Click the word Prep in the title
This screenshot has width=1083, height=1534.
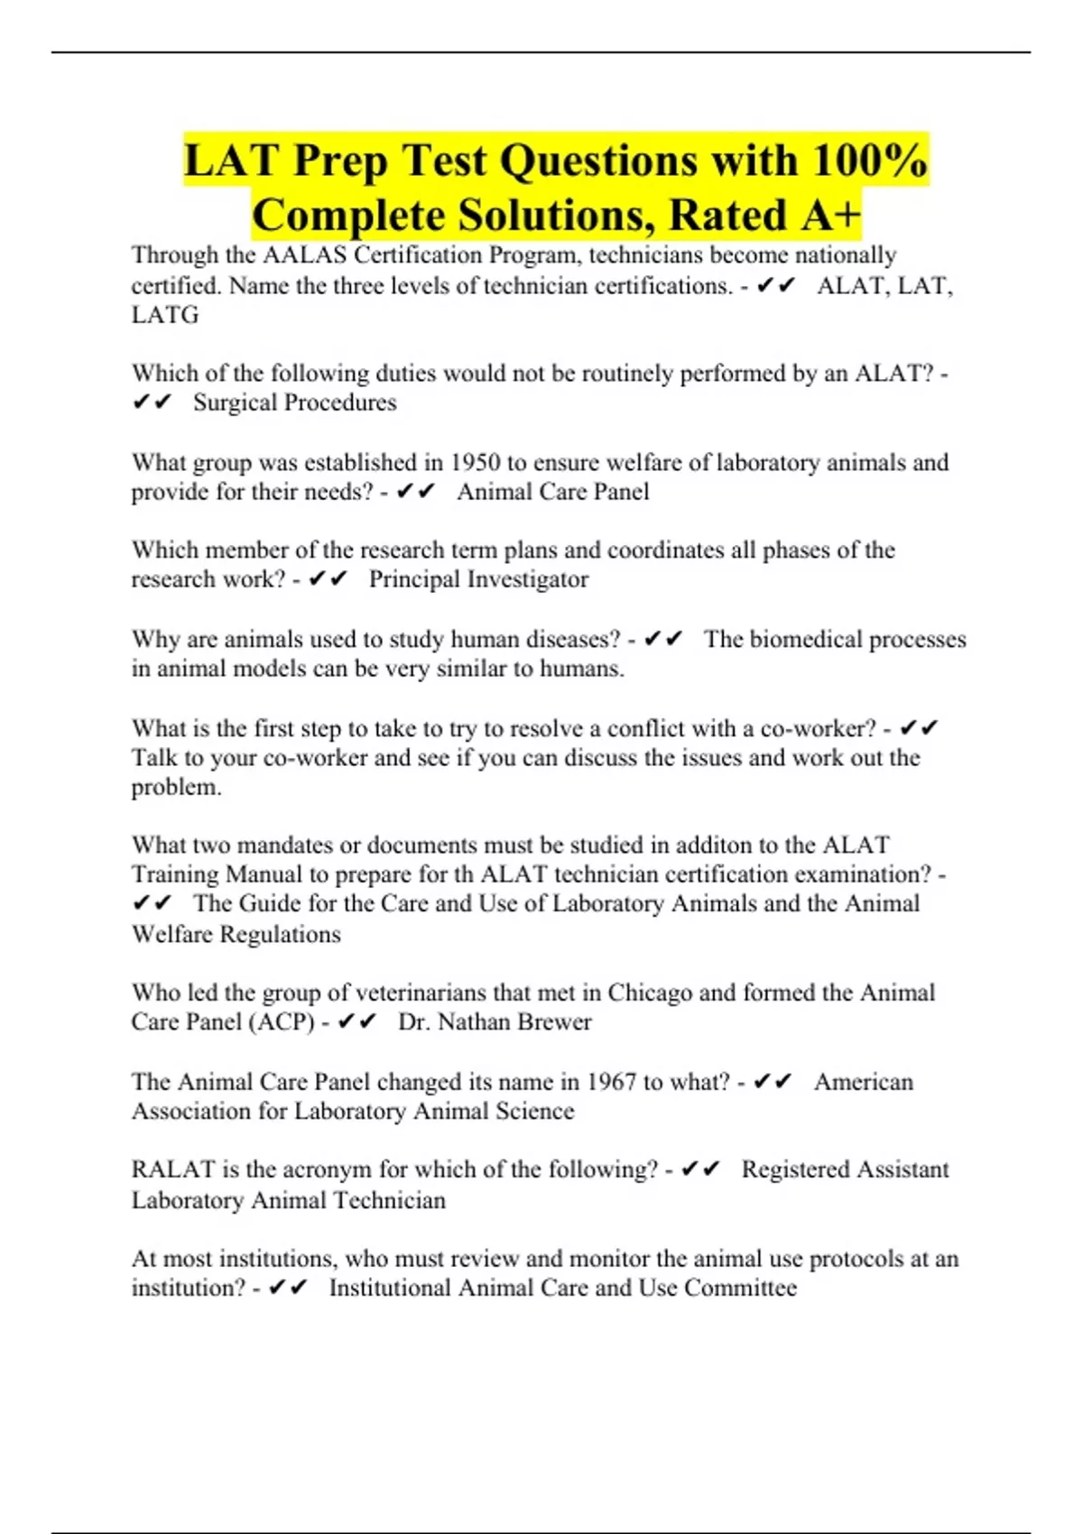[340, 162]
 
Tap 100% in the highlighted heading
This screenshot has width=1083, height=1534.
[869, 162]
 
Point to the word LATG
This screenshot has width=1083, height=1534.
[165, 315]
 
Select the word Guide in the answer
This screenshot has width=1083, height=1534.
[270, 903]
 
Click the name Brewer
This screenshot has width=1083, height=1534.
[551, 1022]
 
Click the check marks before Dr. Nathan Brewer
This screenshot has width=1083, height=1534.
[356, 1022]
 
